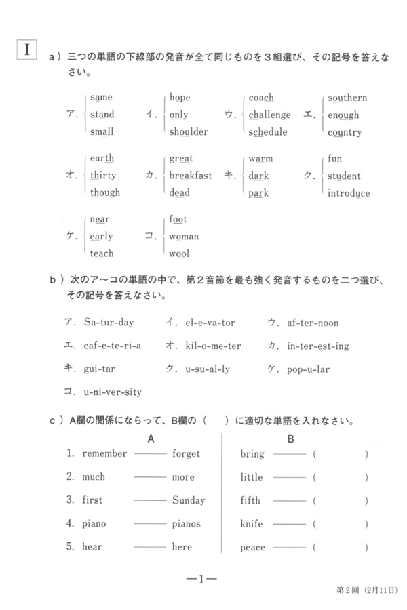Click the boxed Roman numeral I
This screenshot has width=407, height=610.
point(26,49)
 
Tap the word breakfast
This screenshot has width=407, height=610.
point(190,176)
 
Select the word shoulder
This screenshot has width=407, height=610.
point(189,132)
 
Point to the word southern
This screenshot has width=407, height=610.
point(347,98)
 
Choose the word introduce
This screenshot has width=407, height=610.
point(349,193)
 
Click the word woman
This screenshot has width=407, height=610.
point(184,237)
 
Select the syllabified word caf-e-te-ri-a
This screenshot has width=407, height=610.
point(113,346)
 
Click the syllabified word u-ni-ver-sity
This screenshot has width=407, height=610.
point(113,392)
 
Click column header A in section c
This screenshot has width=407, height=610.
point(151,439)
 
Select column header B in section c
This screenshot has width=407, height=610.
point(290,439)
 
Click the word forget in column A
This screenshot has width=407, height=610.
point(186,454)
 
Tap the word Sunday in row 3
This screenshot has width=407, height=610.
point(189,501)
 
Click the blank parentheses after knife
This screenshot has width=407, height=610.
point(341,524)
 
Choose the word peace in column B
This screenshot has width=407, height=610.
point(253,547)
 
